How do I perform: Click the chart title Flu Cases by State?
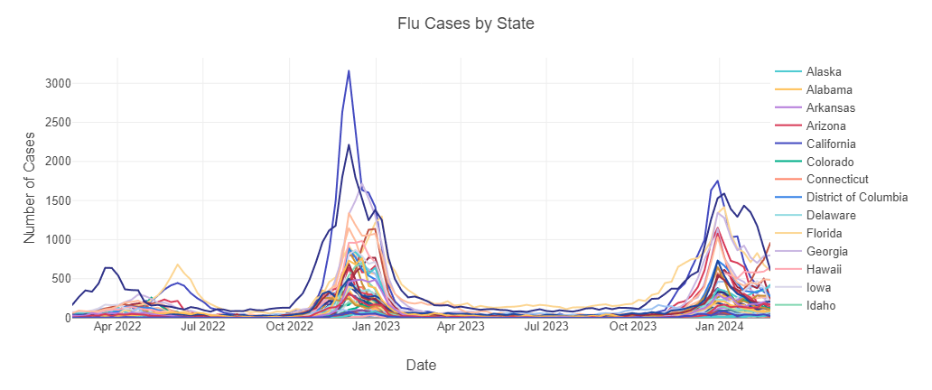click(466, 23)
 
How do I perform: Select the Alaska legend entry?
click(824, 71)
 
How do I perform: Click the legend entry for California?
click(831, 144)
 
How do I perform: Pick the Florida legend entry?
click(824, 233)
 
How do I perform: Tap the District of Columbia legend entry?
click(856, 197)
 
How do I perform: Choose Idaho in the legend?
click(821, 305)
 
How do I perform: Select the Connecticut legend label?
click(836, 179)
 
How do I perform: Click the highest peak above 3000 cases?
click(349, 70)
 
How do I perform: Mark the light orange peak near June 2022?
click(178, 265)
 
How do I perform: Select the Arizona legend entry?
click(825, 125)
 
